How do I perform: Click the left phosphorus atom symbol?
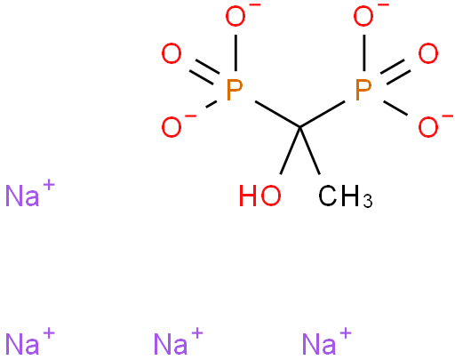(x=235, y=90)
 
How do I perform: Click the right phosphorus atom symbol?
(x=363, y=90)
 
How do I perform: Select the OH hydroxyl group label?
(x=259, y=196)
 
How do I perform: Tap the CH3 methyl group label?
(x=345, y=196)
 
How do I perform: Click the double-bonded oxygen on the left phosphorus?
(x=172, y=53)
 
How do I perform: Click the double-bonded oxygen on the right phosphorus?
(x=428, y=53)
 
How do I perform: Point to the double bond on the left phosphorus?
(x=204, y=72)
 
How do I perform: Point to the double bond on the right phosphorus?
(x=395, y=72)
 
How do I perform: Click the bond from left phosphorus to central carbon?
(x=277, y=115)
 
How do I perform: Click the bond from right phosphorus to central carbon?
(x=323, y=115)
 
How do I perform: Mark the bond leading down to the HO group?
(x=291, y=151)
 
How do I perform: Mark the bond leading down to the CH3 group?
(x=310, y=151)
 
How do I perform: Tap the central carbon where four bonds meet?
(x=300, y=128)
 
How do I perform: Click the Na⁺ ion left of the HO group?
(x=30, y=193)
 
